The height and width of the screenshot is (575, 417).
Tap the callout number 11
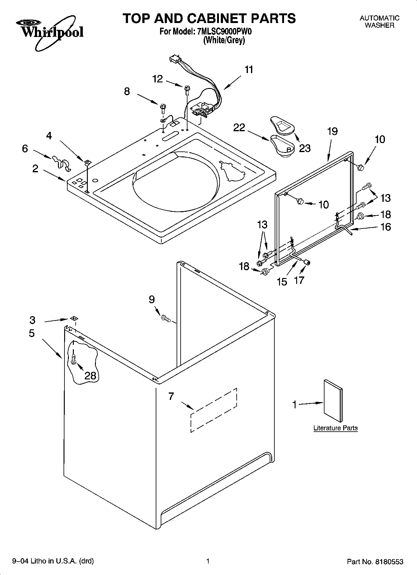249,70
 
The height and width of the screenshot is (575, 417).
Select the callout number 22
239,128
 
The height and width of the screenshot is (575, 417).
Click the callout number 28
90,375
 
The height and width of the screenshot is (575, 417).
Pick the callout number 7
171,396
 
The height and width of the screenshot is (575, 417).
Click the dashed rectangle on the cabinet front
214,410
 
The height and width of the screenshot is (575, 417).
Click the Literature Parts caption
335,428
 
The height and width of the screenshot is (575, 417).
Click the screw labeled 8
163,108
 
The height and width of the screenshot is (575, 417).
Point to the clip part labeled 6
61,162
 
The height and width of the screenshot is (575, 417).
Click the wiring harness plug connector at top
175,59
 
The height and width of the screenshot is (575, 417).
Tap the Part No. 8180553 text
375,562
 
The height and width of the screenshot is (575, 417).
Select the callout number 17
299,280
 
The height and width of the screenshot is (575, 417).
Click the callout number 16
385,227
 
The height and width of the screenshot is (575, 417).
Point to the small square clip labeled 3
73,318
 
